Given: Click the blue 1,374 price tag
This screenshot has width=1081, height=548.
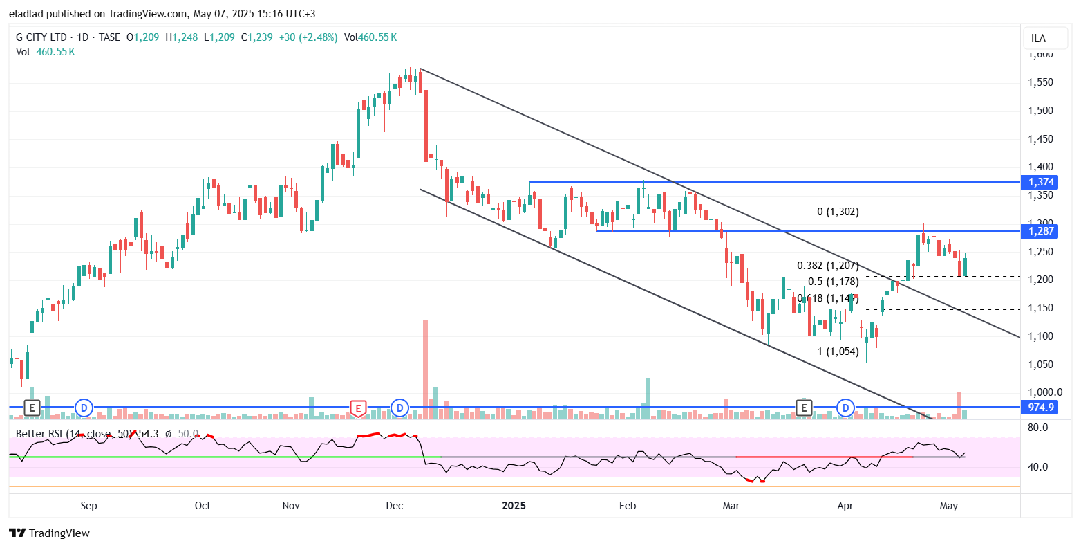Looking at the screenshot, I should coord(1040,182).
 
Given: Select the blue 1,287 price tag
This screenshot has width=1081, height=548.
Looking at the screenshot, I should coord(1040,231).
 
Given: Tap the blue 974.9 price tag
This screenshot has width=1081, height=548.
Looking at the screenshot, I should coord(1040,408).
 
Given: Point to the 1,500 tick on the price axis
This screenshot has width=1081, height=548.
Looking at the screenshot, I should coord(1040,111).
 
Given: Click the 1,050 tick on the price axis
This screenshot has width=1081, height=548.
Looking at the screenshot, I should coord(1040,365).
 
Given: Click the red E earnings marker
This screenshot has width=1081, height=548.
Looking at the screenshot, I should coord(357,408).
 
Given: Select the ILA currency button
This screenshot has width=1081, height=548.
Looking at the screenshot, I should coord(1038,38).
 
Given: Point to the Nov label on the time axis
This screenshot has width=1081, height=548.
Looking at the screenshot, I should coord(292,506).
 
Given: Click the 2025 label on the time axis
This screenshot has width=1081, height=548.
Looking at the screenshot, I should coord(514,506).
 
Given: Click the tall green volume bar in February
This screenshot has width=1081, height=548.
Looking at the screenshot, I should coord(648,398).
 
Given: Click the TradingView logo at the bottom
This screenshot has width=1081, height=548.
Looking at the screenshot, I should coord(49,533).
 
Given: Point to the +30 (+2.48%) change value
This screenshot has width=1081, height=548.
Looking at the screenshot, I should coord(308,37).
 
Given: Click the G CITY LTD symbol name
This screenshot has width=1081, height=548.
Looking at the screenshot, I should coord(41,37).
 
